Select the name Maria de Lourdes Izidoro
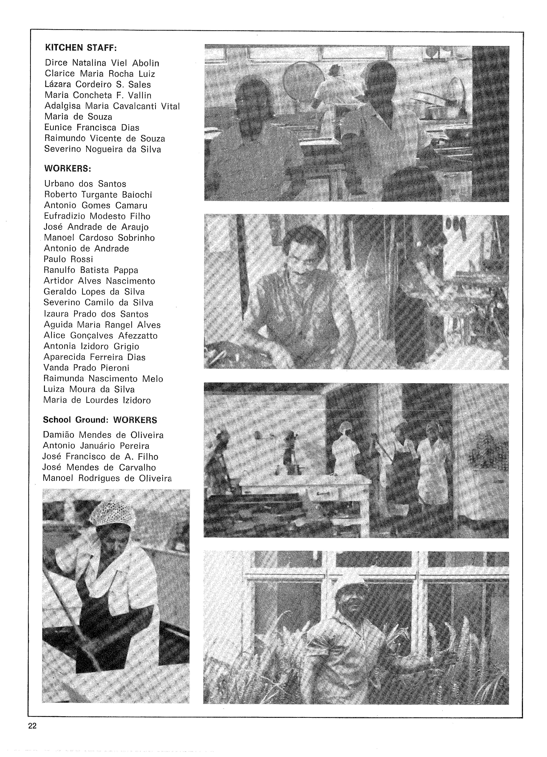(x=97, y=400)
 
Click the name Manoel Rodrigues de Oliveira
(x=107, y=478)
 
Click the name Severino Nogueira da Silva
(x=103, y=149)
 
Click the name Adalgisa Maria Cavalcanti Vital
(x=112, y=106)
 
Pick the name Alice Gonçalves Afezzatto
(x=100, y=335)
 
